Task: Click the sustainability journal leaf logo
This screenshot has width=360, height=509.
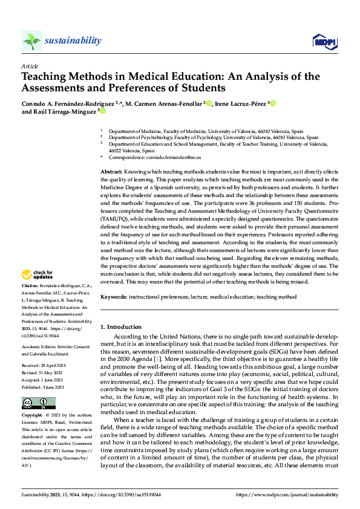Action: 31,41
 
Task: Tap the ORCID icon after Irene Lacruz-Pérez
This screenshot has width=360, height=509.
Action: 273,103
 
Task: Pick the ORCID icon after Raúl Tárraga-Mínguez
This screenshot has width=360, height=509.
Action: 103,111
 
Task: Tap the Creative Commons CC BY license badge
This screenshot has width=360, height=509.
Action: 39,403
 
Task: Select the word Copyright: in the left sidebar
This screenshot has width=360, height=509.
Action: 32,416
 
